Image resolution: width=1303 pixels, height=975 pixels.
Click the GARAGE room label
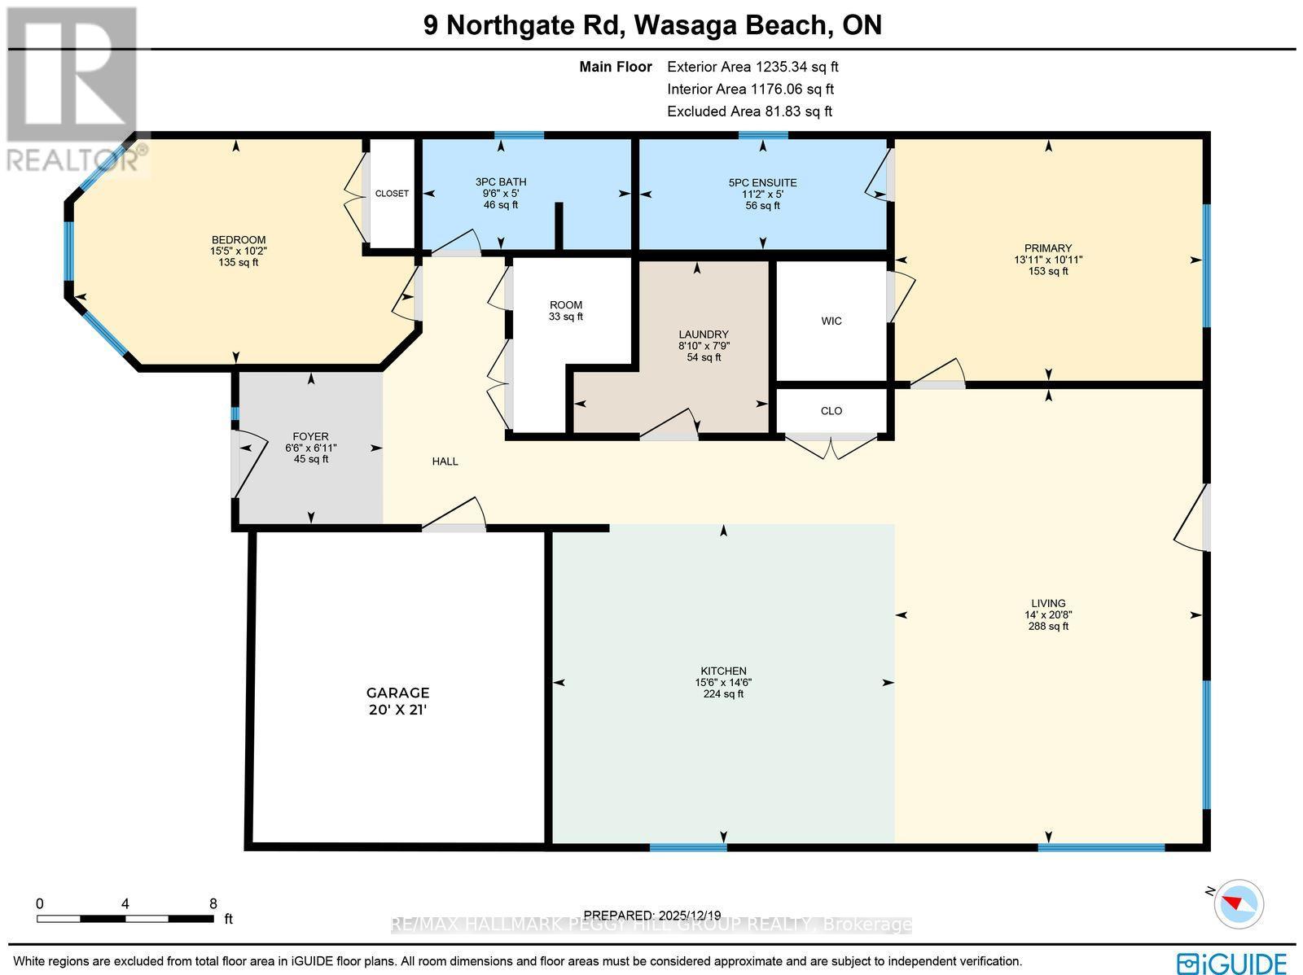click(397, 693)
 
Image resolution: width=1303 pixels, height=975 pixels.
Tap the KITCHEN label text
click(723, 671)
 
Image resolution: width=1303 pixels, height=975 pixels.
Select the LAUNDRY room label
click(704, 334)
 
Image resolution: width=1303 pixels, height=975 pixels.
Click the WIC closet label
click(831, 321)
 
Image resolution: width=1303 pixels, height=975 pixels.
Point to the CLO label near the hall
click(831, 410)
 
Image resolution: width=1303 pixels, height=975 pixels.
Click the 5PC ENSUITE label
click(762, 183)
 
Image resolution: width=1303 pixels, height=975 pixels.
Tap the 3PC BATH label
click(500, 182)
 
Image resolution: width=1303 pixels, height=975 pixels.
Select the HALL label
click(445, 461)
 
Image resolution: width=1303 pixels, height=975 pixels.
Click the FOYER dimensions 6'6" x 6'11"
click(310, 448)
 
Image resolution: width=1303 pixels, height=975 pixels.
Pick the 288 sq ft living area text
click(1048, 626)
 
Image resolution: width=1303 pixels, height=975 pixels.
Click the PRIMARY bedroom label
click(1048, 248)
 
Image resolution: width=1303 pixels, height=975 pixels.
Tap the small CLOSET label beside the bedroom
click(392, 194)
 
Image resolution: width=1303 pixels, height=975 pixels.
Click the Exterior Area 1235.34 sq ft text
click(752, 67)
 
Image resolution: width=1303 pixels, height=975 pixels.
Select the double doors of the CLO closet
click(831, 446)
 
